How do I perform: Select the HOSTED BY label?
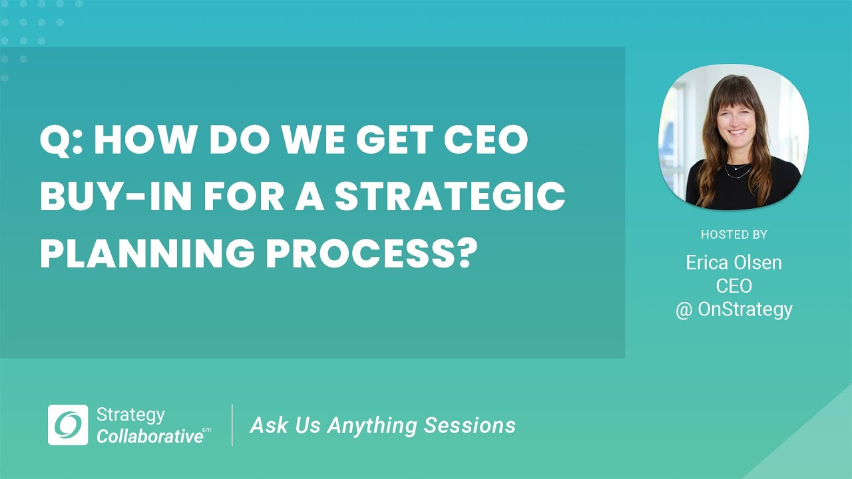(734, 235)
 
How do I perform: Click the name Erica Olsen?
(734, 263)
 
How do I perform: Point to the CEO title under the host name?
(734, 286)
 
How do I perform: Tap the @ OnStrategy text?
(734, 309)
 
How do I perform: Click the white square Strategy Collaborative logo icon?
(68, 425)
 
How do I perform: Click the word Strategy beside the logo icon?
(130, 415)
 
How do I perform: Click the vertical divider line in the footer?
(232, 425)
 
